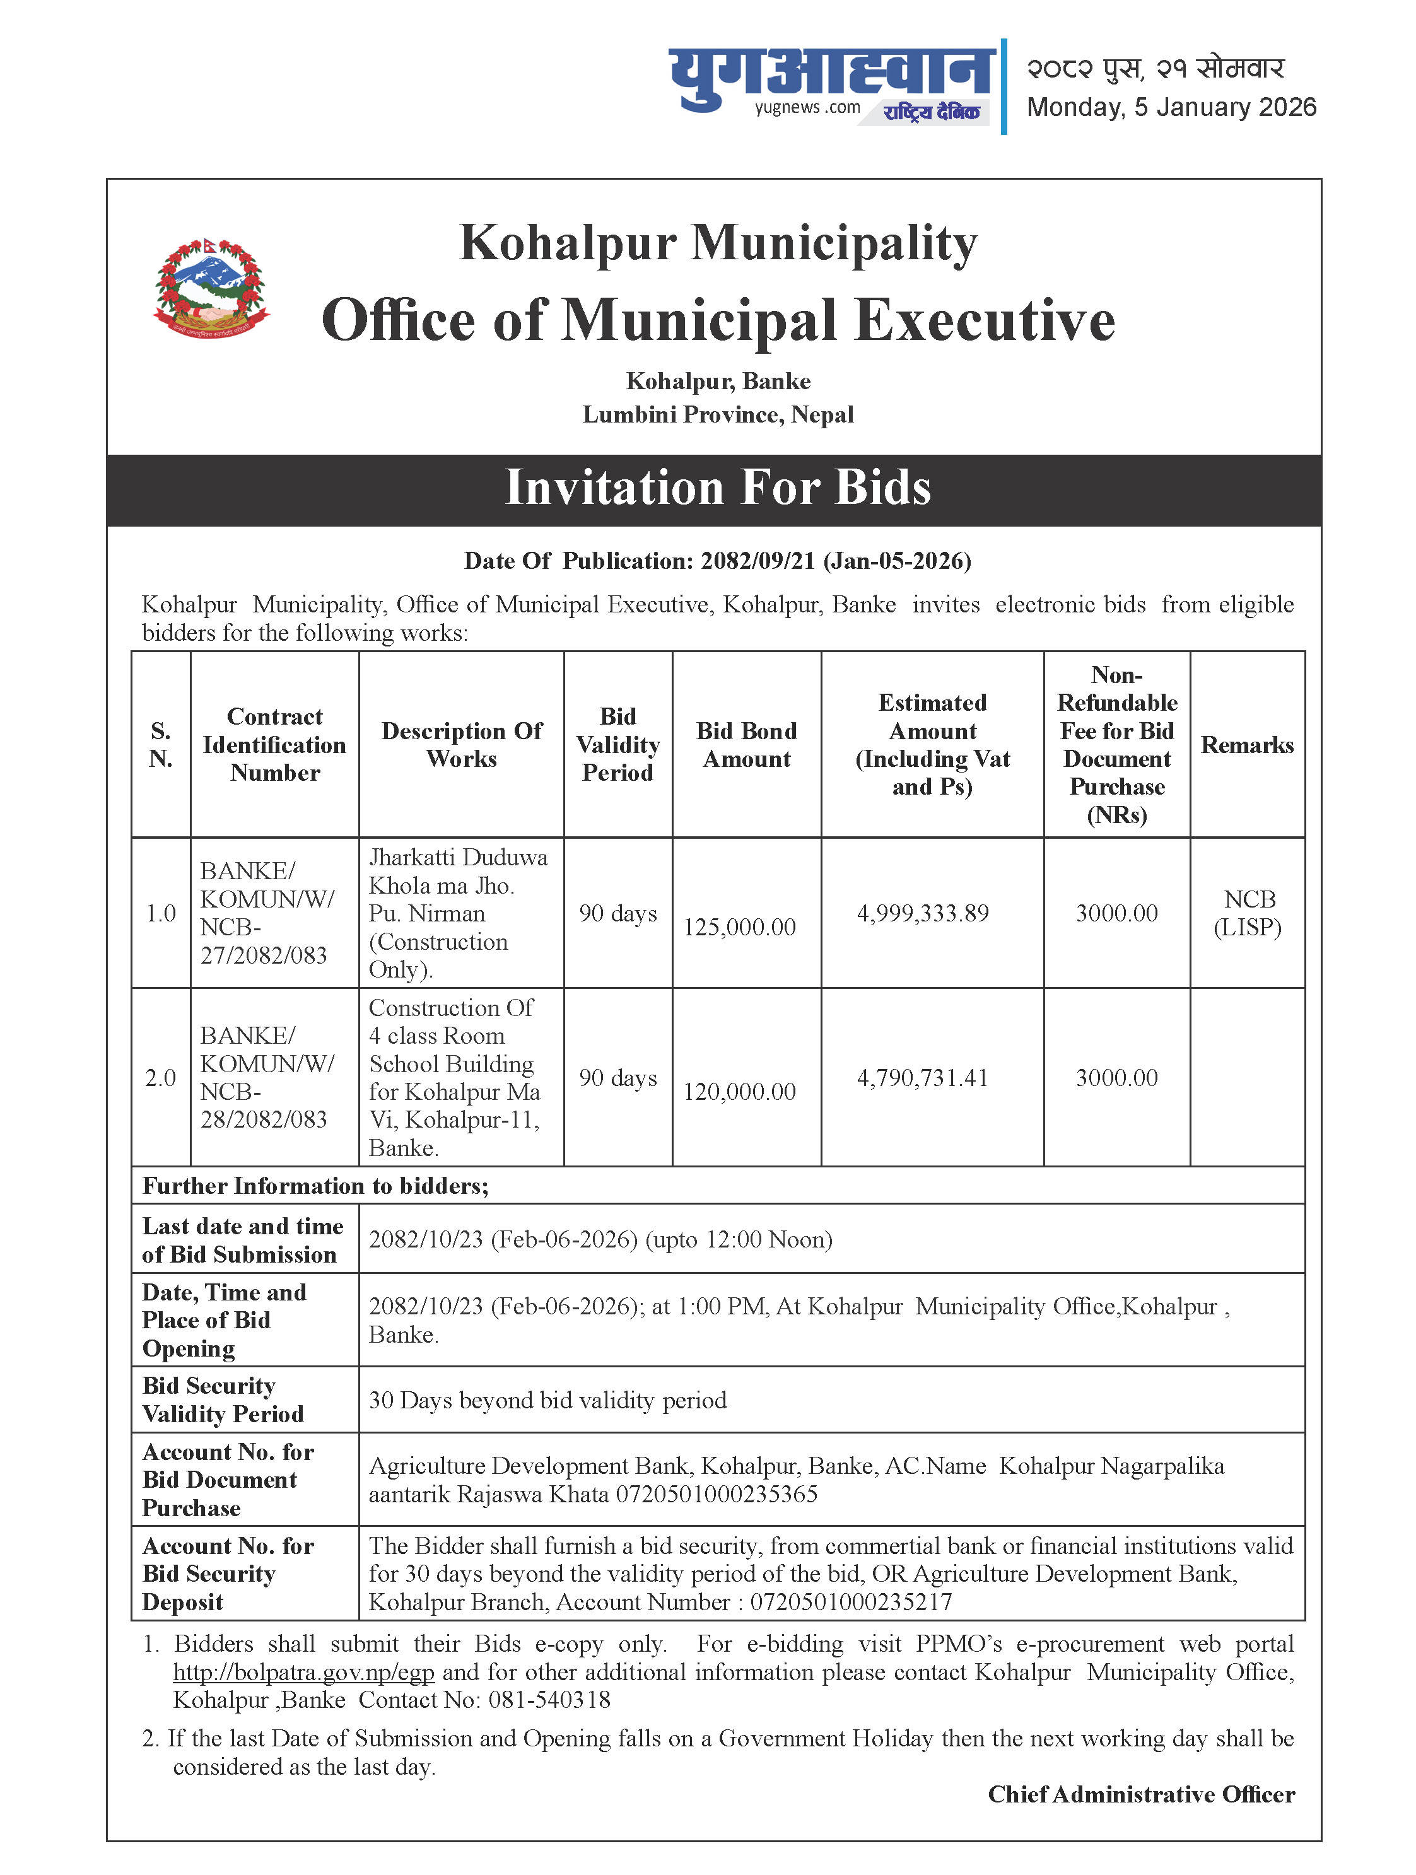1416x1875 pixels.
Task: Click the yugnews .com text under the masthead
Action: pos(807,108)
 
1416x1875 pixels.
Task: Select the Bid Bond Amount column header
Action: pos(746,745)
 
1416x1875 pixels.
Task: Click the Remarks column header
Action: pos(1246,745)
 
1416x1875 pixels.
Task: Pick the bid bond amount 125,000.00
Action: pos(739,927)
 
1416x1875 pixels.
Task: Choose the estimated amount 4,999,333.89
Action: pos(923,913)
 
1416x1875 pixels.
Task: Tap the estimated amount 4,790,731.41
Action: pos(923,1077)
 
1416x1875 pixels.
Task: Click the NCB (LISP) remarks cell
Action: pos(1247,913)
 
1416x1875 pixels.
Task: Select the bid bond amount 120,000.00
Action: pos(739,1092)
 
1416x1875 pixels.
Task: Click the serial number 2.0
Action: pos(160,1077)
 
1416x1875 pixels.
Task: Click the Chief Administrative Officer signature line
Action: pos(1140,1794)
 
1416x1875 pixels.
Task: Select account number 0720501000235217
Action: pos(851,1602)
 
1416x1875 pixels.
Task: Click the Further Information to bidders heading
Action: pos(315,1186)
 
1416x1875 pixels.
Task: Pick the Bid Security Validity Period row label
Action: pos(223,1399)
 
